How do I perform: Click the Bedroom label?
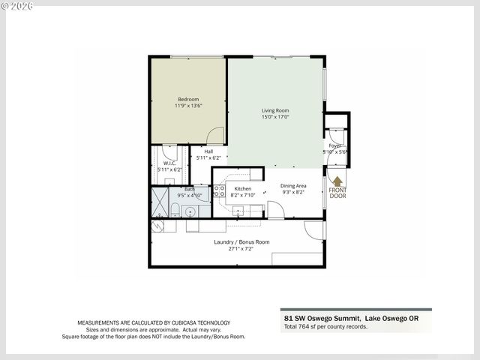[188, 100]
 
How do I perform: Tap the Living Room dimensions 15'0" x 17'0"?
[275, 117]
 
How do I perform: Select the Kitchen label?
[243, 189]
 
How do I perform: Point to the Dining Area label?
[293, 186]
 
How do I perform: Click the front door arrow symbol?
[337, 181]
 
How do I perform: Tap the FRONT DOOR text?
[337, 194]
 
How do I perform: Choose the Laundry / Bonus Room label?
[241, 242]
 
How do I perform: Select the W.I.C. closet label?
[169, 163]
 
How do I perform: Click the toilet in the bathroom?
[174, 211]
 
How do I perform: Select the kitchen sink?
[238, 212]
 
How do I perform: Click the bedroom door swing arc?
[215, 135]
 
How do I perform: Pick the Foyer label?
[335, 145]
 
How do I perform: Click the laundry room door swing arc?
[313, 229]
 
